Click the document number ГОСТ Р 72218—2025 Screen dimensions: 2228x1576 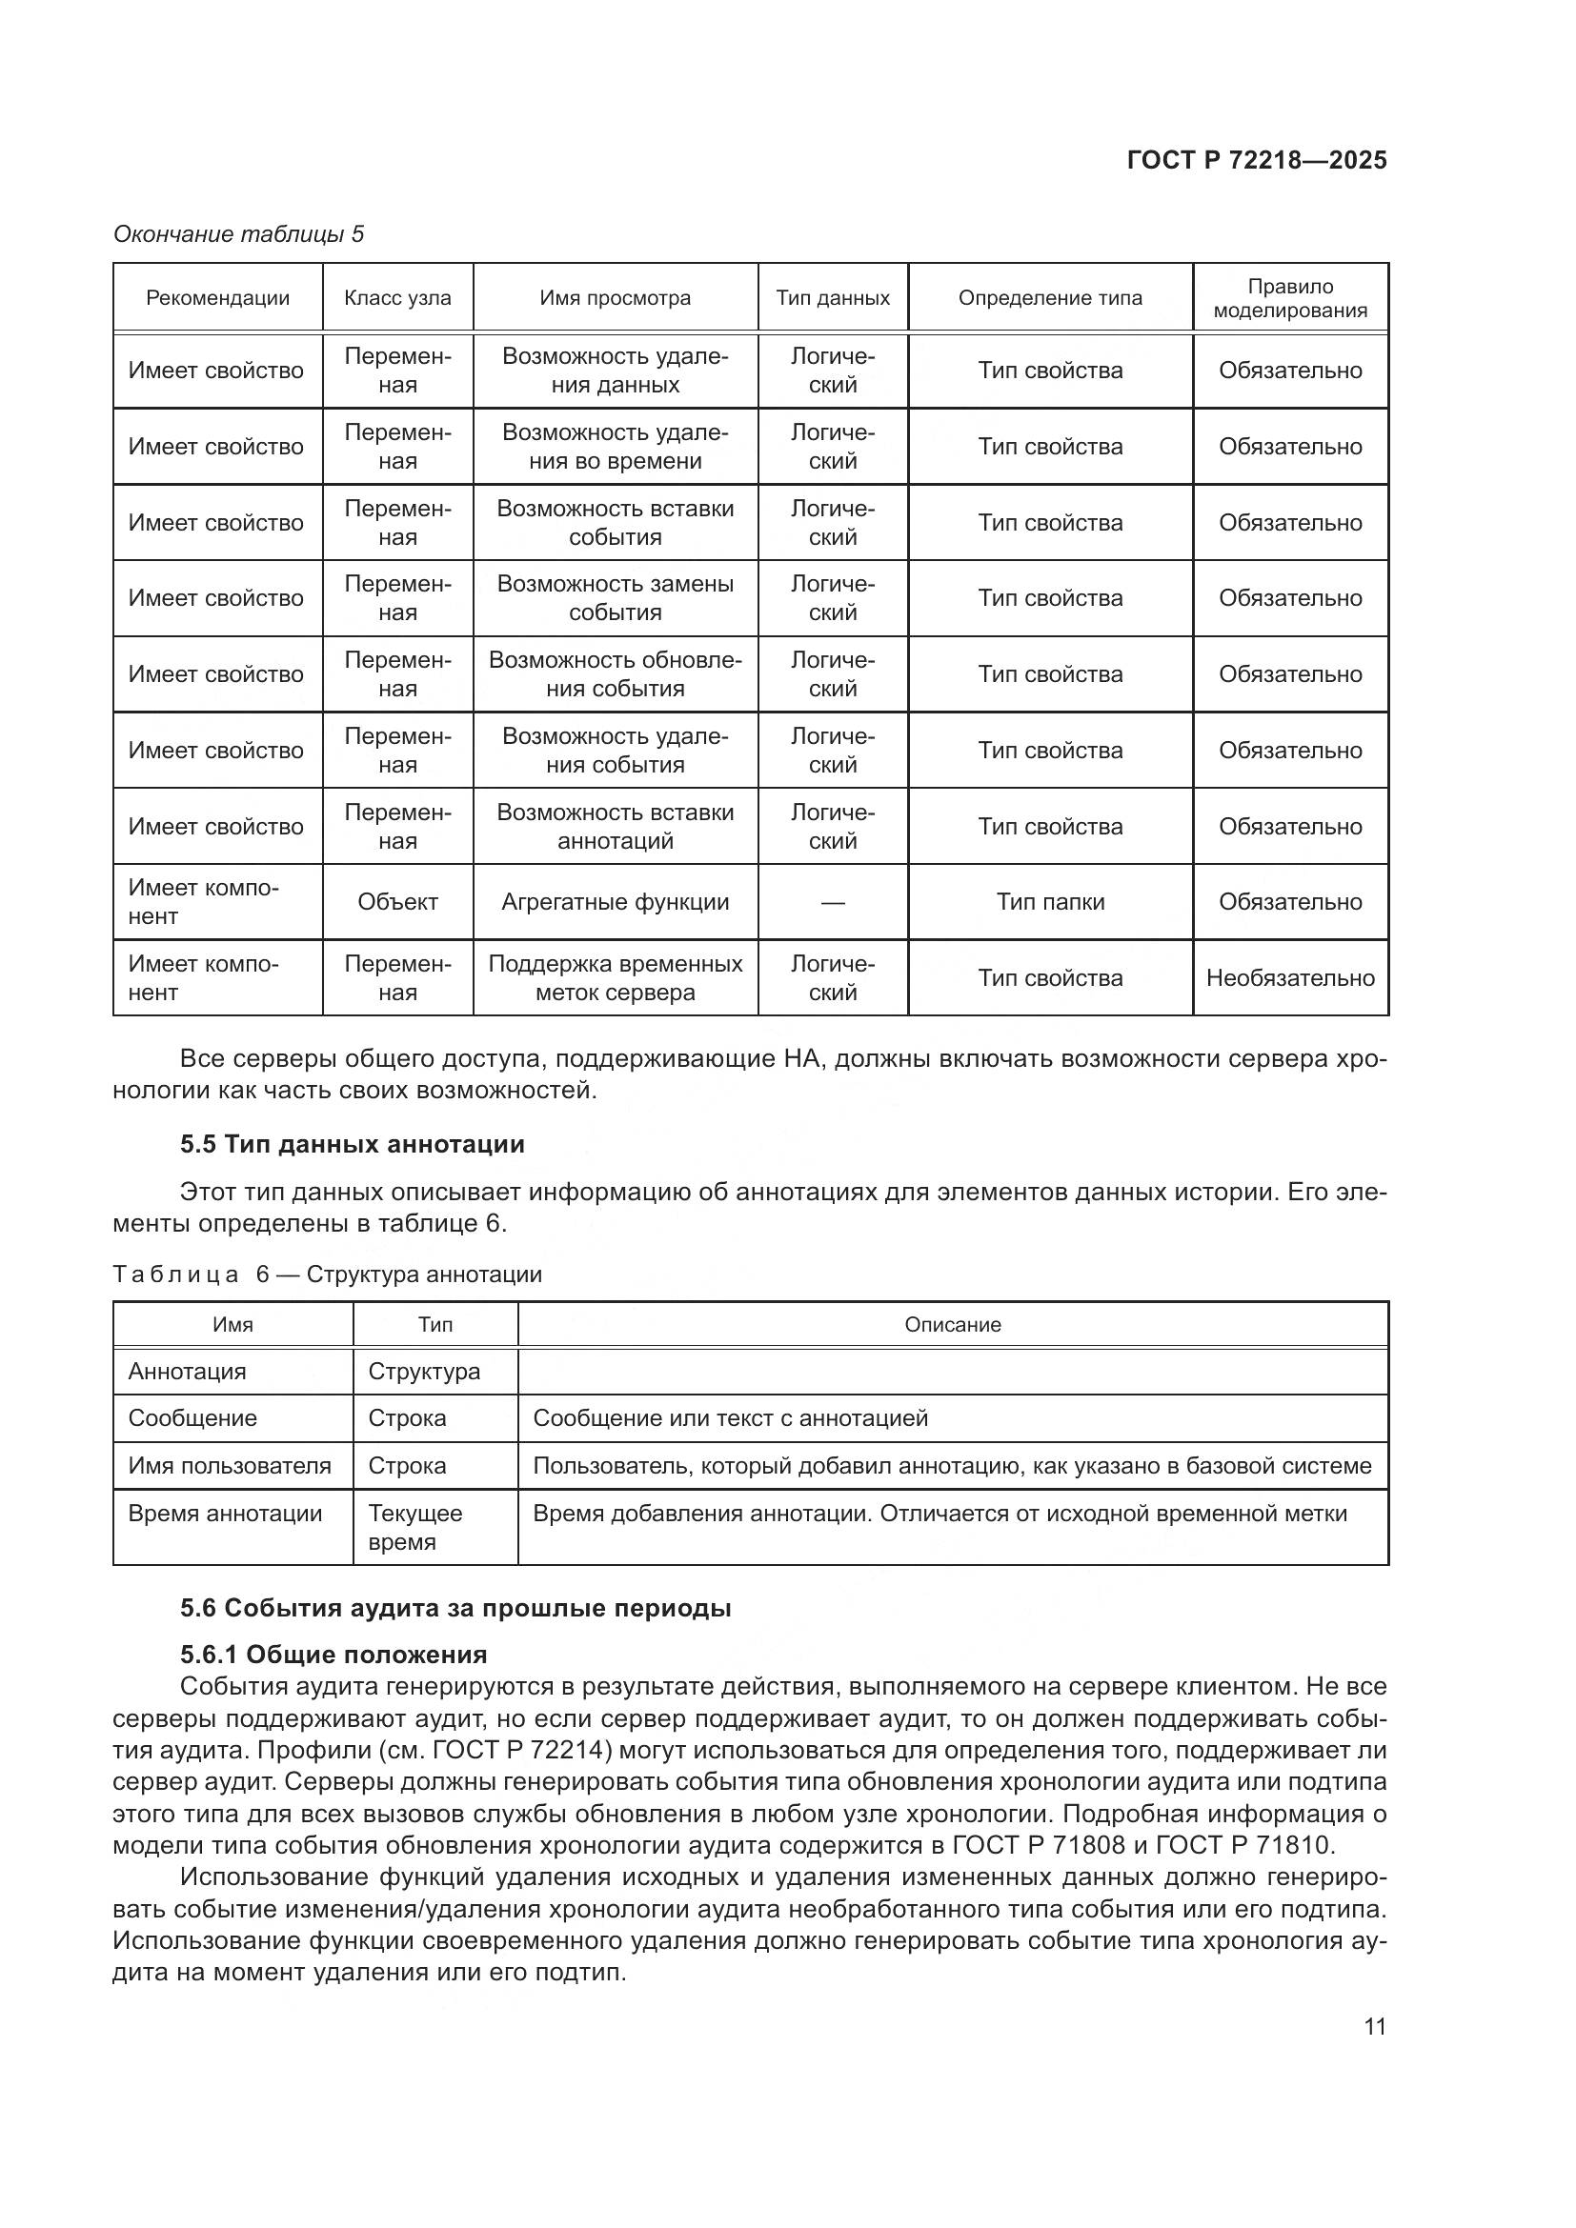coord(1256,160)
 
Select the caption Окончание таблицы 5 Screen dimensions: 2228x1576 coord(239,234)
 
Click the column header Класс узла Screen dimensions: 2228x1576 coord(397,298)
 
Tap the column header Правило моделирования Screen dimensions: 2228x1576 coord(1290,298)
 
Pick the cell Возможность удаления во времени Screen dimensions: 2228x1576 coord(615,447)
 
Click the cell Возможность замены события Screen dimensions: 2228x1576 coord(615,598)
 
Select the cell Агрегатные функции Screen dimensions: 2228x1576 coord(615,901)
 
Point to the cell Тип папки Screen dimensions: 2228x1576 coord(1050,901)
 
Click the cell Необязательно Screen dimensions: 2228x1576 coord(1290,977)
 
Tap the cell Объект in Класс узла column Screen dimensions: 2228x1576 coord(397,901)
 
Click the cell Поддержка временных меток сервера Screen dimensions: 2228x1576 coord(615,977)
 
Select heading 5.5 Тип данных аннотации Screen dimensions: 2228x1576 coord(352,1144)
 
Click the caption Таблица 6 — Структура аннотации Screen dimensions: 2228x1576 coord(327,1275)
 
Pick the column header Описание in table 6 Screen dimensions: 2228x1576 coord(952,1325)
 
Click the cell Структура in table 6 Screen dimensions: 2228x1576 coord(424,1371)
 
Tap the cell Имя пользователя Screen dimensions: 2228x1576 coord(230,1465)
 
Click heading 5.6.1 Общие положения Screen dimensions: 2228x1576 coord(333,1654)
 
